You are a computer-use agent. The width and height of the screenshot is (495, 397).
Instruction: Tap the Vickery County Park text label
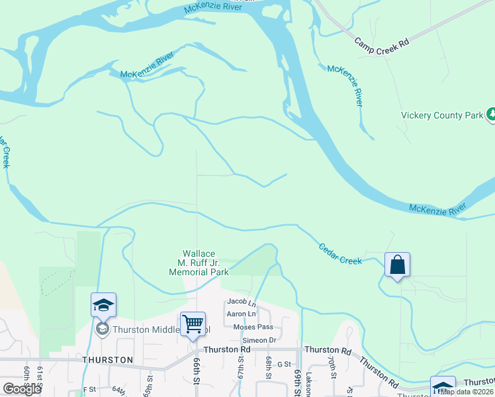coord(443,115)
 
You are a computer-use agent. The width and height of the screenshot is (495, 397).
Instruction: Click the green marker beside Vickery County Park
coord(491,115)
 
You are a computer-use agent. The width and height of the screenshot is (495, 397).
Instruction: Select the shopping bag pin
coord(397,265)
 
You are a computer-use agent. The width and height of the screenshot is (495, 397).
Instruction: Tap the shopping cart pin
coord(193,324)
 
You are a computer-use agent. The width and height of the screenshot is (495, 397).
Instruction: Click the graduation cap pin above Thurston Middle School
coord(104,305)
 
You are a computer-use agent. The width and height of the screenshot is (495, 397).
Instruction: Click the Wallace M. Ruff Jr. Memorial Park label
coord(199,263)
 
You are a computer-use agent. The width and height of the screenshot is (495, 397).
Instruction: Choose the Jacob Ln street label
coord(241,302)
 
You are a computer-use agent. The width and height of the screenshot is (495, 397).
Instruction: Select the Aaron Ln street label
coord(241,314)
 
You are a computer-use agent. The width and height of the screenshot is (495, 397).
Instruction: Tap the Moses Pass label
coord(253,327)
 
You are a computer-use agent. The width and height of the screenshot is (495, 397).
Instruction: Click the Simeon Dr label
coord(259,340)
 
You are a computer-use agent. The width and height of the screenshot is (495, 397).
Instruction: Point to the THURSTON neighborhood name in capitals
coord(108,360)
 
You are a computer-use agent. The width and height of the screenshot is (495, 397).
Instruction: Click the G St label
coord(284,364)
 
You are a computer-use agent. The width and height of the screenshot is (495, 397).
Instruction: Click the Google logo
coord(22,389)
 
